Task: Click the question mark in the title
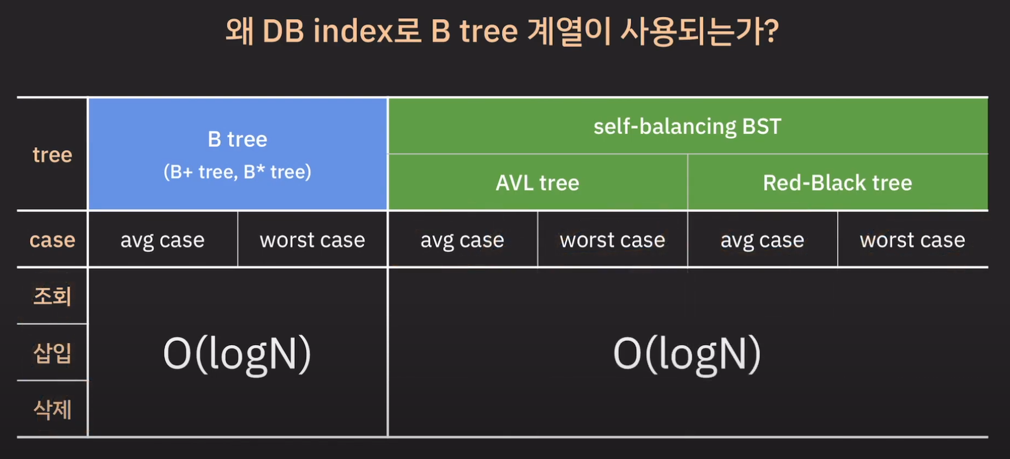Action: tap(770, 31)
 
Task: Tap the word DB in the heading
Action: tap(283, 32)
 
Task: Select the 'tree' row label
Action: tap(52, 155)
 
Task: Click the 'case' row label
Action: tap(52, 240)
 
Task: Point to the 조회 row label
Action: tap(52, 296)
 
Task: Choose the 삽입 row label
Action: tap(52, 353)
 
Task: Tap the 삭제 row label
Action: tap(52, 409)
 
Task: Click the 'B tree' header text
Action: tap(238, 140)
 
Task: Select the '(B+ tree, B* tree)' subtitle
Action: tap(238, 172)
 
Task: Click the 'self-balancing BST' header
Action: tap(687, 126)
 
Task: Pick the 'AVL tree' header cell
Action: tap(537, 183)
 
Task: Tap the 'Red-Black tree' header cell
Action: tap(837, 183)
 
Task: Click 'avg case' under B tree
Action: tap(162, 240)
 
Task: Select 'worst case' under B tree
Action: tap(312, 240)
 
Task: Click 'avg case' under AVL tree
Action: tap(462, 240)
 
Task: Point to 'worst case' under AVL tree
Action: tap(613, 240)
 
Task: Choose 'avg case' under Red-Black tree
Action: tap(762, 240)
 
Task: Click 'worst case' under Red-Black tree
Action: tap(912, 240)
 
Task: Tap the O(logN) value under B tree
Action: tap(237, 355)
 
